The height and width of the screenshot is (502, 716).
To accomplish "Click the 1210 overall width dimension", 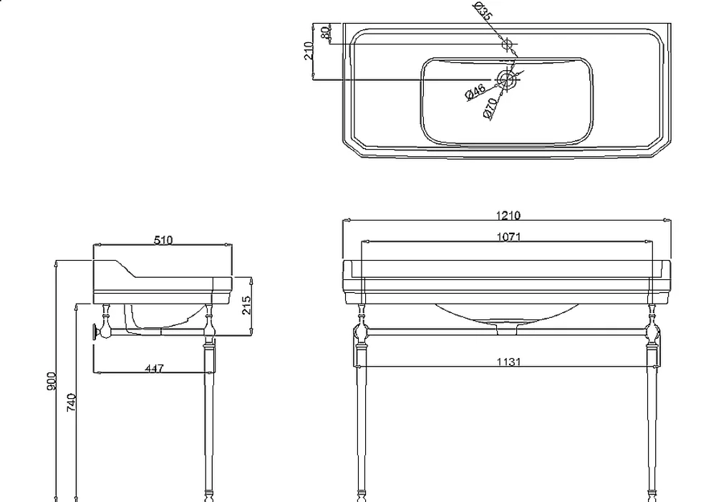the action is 508,215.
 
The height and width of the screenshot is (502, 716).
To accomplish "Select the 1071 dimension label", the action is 508,236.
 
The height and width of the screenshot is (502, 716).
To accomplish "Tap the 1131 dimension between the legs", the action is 508,362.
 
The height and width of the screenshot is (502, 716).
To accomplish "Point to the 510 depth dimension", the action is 163,240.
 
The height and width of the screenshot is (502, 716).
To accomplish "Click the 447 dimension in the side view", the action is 155,368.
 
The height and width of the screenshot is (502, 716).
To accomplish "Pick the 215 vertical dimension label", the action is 246,305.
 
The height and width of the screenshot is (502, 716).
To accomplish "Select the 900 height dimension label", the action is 51,382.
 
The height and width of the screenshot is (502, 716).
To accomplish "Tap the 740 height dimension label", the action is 72,402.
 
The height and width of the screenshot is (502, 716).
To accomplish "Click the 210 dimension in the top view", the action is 309,51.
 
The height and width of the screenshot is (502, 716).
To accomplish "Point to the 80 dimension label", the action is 325,33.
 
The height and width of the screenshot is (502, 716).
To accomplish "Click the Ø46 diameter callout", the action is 475,92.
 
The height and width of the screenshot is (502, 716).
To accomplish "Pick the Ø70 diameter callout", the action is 490,109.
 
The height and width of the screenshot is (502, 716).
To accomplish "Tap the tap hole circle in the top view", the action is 507,44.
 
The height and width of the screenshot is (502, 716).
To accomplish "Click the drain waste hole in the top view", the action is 505,80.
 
